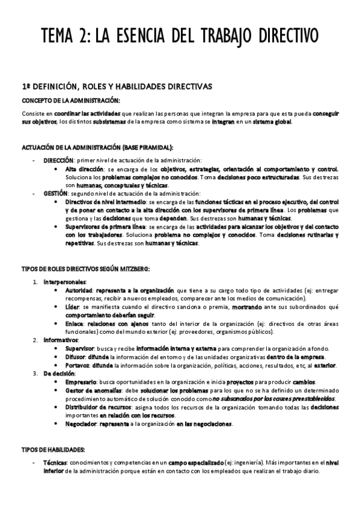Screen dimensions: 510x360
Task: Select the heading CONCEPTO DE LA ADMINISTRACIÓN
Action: pos(71,100)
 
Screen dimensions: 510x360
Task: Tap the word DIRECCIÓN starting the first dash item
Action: pos(58,160)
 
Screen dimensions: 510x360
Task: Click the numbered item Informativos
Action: pos(60,340)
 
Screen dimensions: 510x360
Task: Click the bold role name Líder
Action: pos(73,306)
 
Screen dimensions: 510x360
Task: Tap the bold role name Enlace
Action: pos(75,323)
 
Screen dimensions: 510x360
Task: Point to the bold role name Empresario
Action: pos(82,382)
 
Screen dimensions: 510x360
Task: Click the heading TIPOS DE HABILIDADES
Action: pos(53,449)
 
